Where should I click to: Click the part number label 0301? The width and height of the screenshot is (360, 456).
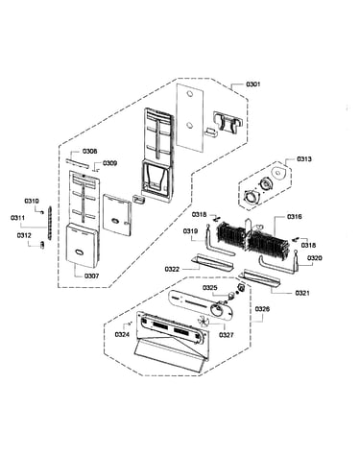pos(252,84)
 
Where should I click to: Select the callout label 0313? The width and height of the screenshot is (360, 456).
pos(303,159)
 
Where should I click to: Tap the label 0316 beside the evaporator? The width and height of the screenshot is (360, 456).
pos(294,217)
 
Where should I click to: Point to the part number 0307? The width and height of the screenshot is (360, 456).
pos(91,276)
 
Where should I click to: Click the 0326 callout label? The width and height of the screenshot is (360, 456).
pos(262,309)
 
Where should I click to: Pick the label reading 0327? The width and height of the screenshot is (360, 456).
pos(227,335)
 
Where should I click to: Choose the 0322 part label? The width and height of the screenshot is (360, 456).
pos(172,269)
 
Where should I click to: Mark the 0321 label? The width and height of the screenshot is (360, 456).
pos(302,293)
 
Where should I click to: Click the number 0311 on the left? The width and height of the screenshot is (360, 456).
pos(17,218)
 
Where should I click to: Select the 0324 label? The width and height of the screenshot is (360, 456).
pos(122,335)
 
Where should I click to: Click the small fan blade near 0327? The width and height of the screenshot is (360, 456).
pos(204,321)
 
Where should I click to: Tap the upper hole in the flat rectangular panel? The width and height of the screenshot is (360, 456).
pos(189,94)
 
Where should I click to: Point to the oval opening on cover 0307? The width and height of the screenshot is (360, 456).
pos(78,252)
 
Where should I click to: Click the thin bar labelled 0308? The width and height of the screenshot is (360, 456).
pos(77,163)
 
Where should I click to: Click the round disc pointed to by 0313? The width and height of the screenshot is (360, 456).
pos(277,172)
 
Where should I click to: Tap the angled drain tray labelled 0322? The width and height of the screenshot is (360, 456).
pos(213,262)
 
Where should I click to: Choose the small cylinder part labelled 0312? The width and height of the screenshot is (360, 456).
pos(42,245)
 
